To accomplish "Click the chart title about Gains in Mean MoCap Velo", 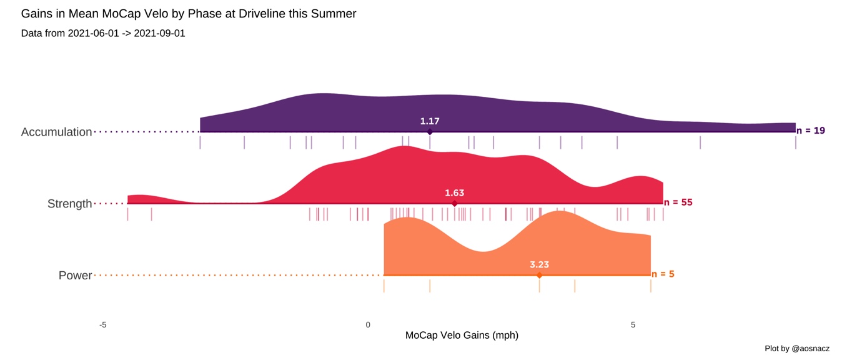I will coord(189,13).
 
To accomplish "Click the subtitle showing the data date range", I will coord(103,33).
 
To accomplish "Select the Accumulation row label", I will coord(56,132).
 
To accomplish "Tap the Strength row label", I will coord(69,204).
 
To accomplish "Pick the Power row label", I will coord(75,276).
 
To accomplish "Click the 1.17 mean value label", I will coord(430,121).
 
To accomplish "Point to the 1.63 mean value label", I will coord(454,193).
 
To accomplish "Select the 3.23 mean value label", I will coord(539,264).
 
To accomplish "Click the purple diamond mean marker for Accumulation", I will coord(430,132).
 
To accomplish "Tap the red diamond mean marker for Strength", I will coord(454,204).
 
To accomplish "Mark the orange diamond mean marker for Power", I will coord(539,275).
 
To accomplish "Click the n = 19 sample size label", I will coord(811,131).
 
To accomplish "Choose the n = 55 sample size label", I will coord(678,202).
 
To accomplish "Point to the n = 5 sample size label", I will coord(663,274).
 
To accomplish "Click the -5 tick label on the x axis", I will coord(102,324).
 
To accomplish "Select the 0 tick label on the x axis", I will coord(368,324).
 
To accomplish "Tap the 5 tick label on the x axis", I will coord(633,324).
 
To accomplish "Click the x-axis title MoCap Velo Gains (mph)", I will coord(462,336).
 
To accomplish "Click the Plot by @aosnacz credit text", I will coord(797,348).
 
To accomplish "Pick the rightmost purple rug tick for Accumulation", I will coord(796,142).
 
